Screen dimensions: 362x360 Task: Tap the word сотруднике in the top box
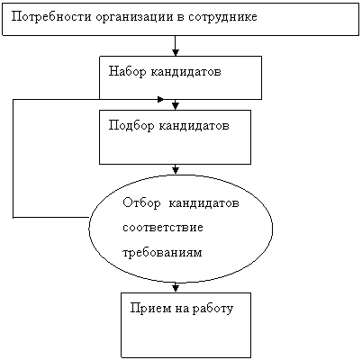(x=222, y=17)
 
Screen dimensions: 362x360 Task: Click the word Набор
(x=127, y=72)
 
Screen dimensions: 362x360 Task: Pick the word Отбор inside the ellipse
(x=141, y=203)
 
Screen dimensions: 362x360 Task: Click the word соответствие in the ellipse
(x=163, y=227)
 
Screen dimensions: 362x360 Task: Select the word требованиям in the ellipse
(x=162, y=253)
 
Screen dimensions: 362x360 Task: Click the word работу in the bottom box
(x=213, y=309)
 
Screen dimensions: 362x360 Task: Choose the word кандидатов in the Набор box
(x=186, y=72)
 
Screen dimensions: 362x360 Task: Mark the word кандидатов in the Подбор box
(x=194, y=125)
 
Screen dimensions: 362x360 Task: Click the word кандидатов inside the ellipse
(x=204, y=203)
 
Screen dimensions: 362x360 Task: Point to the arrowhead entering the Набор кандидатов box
(x=176, y=52)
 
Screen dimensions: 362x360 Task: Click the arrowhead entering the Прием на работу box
(x=176, y=288)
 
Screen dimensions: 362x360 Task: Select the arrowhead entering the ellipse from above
(x=176, y=170)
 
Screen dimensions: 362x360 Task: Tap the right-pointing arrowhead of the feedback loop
(x=160, y=99)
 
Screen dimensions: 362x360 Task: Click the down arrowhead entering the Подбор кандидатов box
(x=176, y=105)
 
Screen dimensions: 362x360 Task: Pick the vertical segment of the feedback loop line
(x=14, y=158)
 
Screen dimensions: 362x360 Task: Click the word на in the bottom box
(x=182, y=310)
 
